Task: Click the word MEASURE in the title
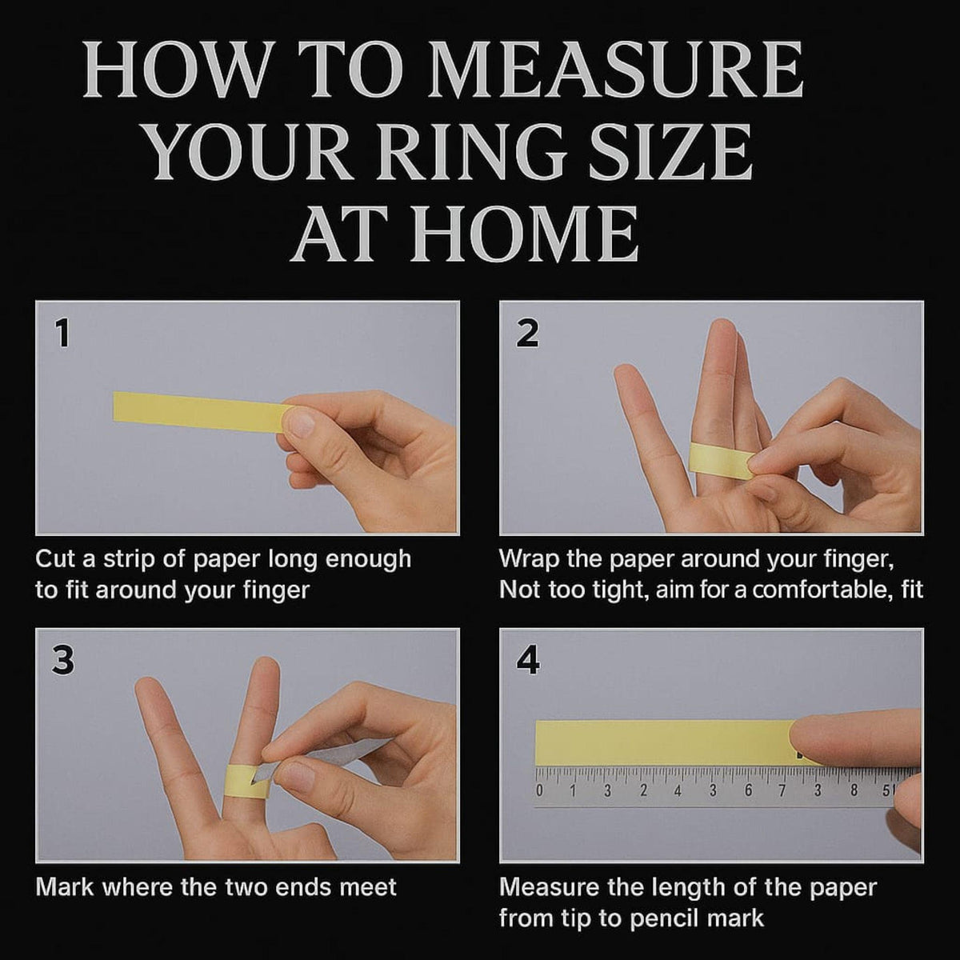coord(614,70)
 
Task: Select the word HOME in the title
coord(523,234)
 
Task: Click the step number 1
coord(62,334)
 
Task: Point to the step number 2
coord(527,334)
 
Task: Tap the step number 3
coord(62,661)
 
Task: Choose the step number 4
coord(528,661)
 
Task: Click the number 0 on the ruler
coord(539,790)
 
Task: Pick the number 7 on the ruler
coord(782,790)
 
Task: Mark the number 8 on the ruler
coord(854,790)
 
